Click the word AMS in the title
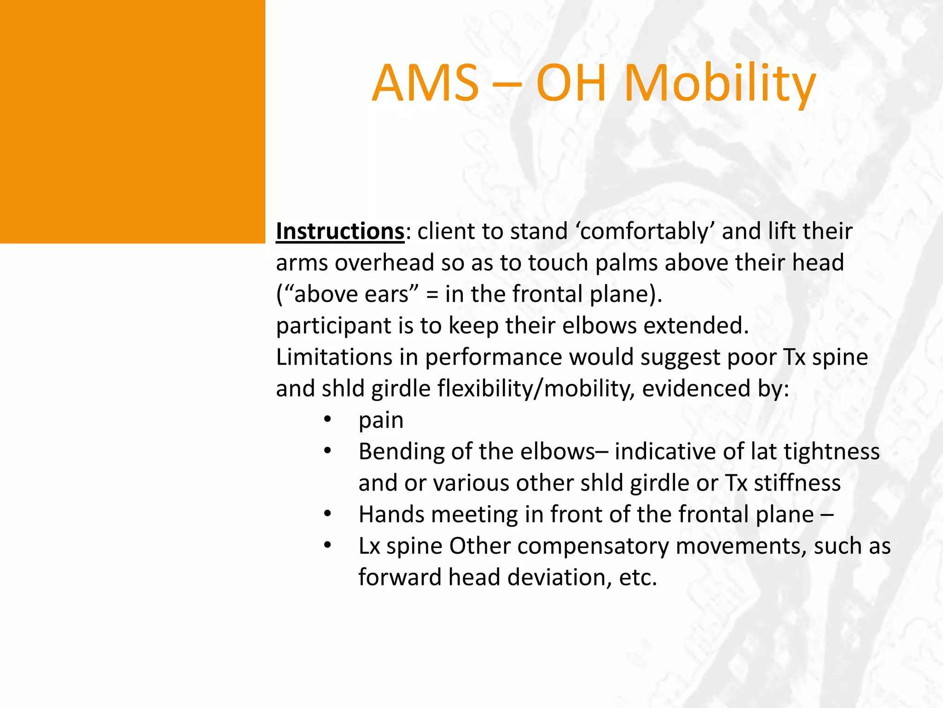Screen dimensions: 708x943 [x=426, y=83]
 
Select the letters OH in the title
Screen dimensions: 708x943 [x=571, y=83]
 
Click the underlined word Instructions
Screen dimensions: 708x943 [x=340, y=231]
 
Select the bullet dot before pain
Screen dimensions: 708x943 [x=327, y=419]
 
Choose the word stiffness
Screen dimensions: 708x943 [x=797, y=483]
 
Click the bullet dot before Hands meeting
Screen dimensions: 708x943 [x=327, y=513]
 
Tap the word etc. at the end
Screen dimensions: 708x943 [x=638, y=578]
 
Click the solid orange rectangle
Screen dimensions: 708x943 [x=133, y=121]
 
